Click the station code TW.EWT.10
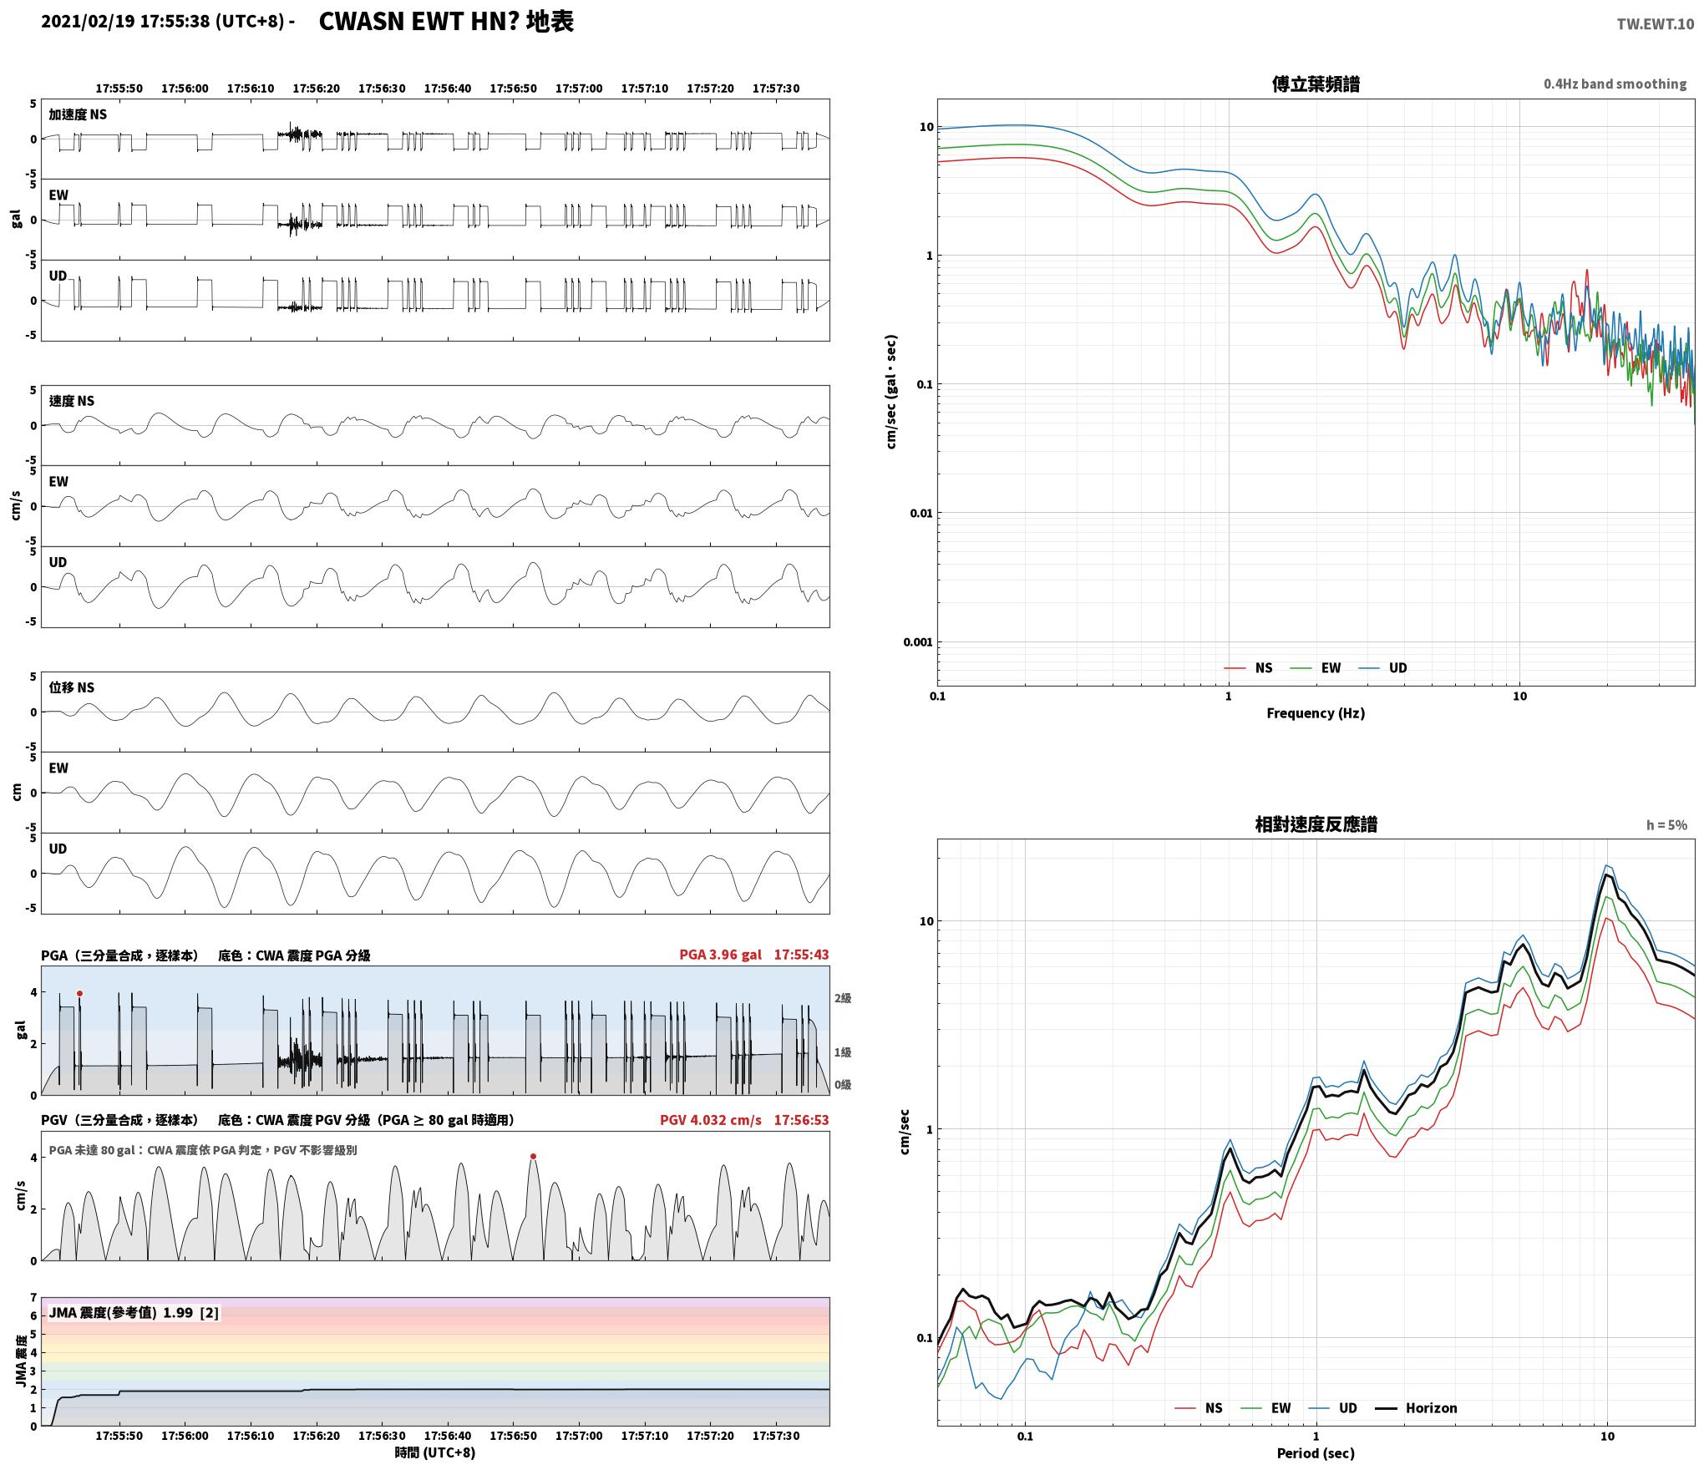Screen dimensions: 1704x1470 (1655, 24)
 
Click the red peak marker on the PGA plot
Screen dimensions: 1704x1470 (79, 993)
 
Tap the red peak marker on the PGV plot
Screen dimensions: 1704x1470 (533, 1157)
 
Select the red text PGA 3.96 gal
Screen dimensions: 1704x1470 (720, 955)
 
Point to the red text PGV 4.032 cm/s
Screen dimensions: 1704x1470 (710, 1120)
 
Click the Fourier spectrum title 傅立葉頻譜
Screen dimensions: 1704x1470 (1316, 84)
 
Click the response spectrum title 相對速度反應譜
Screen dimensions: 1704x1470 (1316, 824)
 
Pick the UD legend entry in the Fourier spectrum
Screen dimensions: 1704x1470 (1382, 667)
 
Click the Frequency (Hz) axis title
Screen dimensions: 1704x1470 (1316, 712)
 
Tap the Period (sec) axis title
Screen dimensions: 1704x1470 (1316, 1453)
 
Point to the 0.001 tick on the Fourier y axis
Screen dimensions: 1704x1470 (917, 641)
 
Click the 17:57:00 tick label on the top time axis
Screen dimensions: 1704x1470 (579, 89)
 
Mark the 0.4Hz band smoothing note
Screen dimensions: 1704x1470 (1615, 84)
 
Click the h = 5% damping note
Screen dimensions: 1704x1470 (1666, 825)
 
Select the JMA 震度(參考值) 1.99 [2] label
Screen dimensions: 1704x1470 (134, 1312)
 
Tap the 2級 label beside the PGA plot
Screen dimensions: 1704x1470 (843, 998)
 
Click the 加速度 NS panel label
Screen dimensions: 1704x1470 (78, 114)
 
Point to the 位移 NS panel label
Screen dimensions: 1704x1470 (72, 687)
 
